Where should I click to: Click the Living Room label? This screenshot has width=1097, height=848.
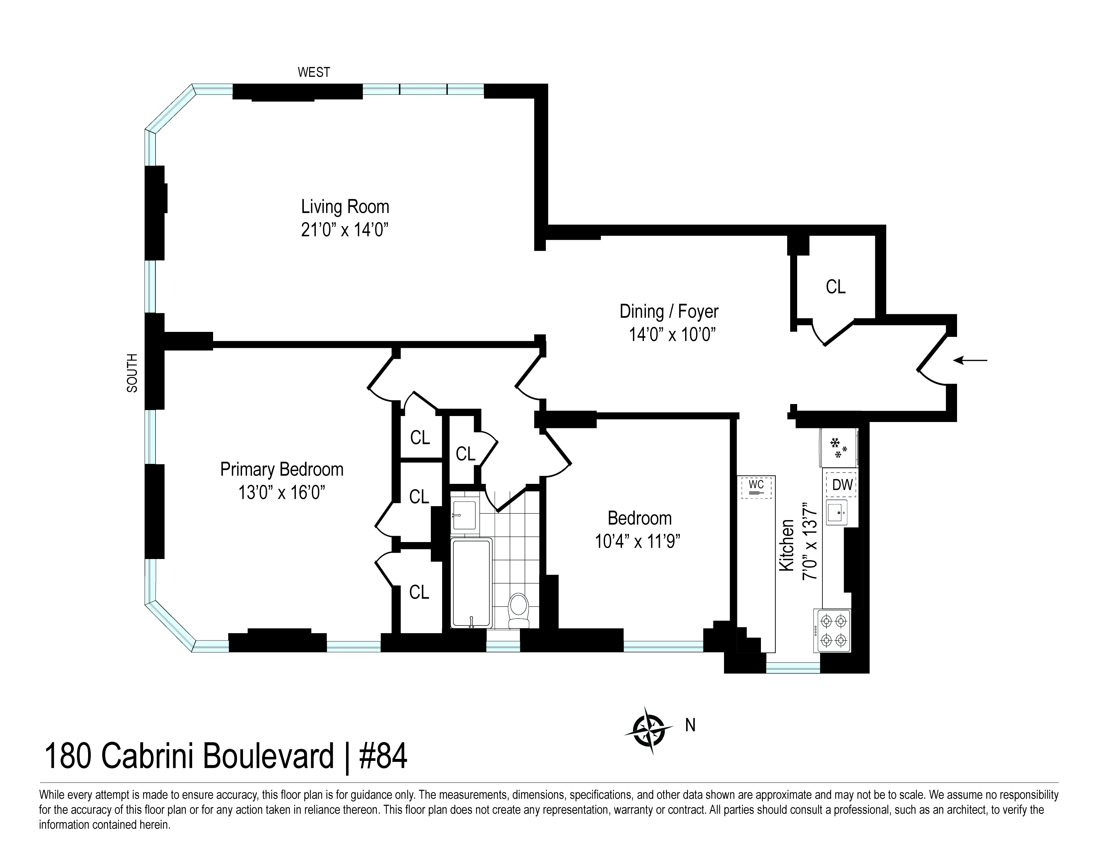coord(345,207)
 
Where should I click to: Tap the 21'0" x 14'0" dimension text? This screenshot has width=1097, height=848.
coord(345,230)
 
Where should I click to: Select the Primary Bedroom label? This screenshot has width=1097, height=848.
coord(282,469)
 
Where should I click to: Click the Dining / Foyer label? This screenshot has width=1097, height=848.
coord(669,312)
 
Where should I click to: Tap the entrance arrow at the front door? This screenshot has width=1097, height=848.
coord(970,360)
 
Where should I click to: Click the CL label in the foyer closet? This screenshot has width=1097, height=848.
coord(835,287)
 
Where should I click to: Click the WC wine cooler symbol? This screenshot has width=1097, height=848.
coord(757,487)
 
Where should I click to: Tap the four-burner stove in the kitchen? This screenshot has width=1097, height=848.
coord(833,631)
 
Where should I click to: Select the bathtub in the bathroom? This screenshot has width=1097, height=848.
coord(471,583)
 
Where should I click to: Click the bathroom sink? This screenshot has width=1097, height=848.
coord(464,515)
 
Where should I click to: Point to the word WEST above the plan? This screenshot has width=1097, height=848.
coord(314,72)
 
